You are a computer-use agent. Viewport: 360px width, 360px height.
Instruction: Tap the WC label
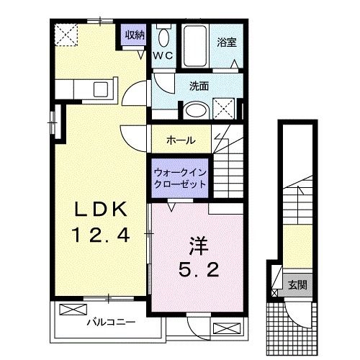tap(162, 55)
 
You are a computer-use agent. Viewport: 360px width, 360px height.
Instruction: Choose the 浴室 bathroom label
tap(226, 42)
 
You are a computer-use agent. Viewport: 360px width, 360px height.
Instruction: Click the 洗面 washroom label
tap(199, 86)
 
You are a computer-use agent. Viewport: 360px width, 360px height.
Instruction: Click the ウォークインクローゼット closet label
tap(180, 178)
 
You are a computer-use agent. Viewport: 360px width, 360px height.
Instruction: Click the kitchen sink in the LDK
tap(100, 89)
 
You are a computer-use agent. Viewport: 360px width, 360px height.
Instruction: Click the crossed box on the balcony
tap(71, 310)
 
